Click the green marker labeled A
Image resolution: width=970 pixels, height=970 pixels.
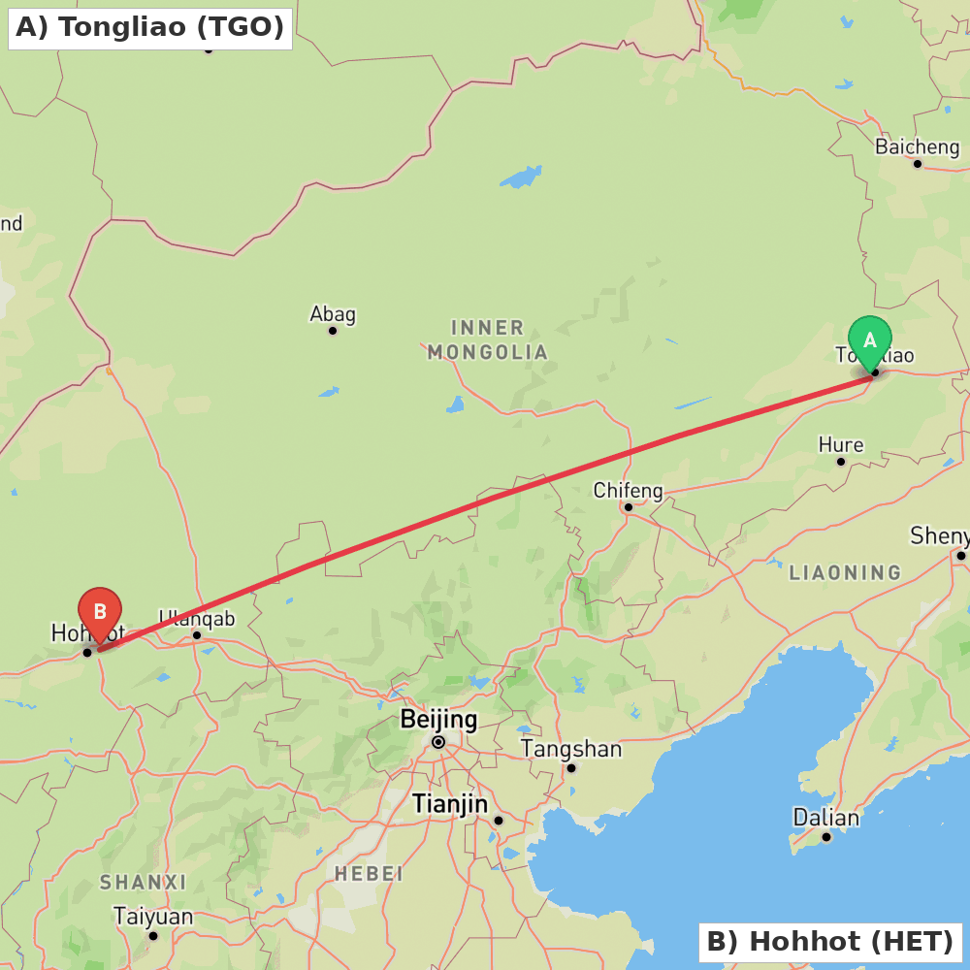(869, 340)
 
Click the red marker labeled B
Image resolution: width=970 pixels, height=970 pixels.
(100, 612)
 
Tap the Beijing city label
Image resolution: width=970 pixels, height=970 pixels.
(438, 720)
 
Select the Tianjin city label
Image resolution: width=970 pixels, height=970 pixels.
(449, 804)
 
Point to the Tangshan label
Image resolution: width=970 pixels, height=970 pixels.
(571, 749)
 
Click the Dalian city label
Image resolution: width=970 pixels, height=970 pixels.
(826, 818)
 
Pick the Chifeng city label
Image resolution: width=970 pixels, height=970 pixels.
(628, 491)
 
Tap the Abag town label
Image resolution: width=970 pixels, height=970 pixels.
(333, 314)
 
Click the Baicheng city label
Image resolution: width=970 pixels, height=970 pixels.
(917, 147)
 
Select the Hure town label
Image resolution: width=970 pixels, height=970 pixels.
(840, 445)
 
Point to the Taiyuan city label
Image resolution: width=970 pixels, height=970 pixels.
(153, 917)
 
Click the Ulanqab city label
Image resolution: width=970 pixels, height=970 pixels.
(197, 619)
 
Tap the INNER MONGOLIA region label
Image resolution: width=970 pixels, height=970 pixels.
(488, 339)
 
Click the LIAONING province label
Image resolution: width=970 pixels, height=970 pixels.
(845, 572)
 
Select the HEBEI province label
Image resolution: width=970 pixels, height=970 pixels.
(369, 874)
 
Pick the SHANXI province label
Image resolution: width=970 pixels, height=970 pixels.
(143, 883)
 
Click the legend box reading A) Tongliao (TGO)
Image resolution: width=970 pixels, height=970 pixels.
(150, 27)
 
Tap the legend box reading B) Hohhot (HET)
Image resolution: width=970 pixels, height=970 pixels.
(829, 941)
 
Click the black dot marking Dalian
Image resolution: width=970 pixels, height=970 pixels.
(826, 837)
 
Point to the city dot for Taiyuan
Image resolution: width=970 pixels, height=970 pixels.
(153, 936)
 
